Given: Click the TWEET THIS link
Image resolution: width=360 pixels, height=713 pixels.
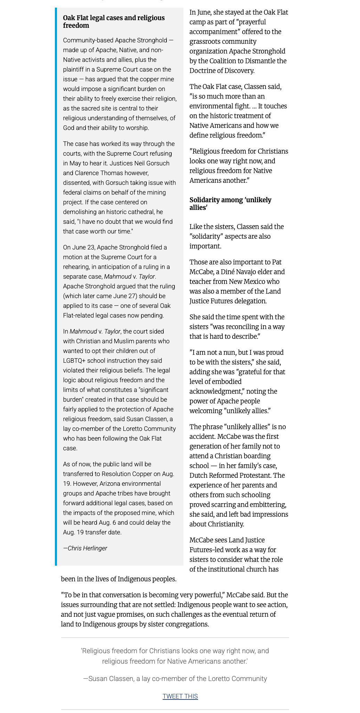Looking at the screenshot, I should [x=180, y=696].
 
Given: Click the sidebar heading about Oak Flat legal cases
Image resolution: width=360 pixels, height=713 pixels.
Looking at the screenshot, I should [x=114, y=22].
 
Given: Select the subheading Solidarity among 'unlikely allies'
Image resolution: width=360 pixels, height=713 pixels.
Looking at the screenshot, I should [x=230, y=203].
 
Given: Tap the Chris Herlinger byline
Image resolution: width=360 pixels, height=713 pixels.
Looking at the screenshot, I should [x=85, y=548].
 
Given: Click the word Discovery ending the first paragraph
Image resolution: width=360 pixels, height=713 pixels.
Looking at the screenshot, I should [x=240, y=71].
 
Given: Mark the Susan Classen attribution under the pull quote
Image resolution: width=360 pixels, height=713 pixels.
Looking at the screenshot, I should [x=175, y=678].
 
